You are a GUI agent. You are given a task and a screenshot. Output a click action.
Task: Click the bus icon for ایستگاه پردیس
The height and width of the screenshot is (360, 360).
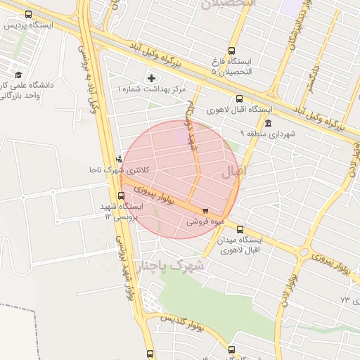tap(28, 14)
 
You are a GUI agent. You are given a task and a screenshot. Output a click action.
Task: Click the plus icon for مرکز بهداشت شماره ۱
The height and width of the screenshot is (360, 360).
tap(151, 77)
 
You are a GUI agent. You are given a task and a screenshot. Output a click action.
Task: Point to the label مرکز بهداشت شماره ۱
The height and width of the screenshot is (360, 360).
tap(152, 89)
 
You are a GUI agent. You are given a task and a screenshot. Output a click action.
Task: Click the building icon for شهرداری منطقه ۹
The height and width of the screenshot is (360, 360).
tap(268, 123)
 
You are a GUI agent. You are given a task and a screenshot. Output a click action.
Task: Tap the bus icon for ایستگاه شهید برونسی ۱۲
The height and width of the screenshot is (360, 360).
tap(122, 196)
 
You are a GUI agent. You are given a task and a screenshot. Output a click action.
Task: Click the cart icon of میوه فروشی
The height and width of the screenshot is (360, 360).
tap(205, 210)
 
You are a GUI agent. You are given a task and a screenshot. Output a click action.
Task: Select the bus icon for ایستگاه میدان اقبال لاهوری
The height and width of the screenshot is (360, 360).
tap(240, 229)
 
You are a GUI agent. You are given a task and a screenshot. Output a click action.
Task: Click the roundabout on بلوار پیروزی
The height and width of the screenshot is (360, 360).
tap(304, 252)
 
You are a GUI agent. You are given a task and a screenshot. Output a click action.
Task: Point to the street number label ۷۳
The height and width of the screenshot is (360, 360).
tap(345, 300)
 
